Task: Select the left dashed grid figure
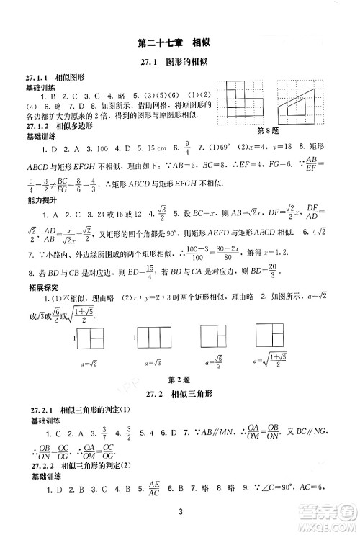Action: [245, 99]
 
